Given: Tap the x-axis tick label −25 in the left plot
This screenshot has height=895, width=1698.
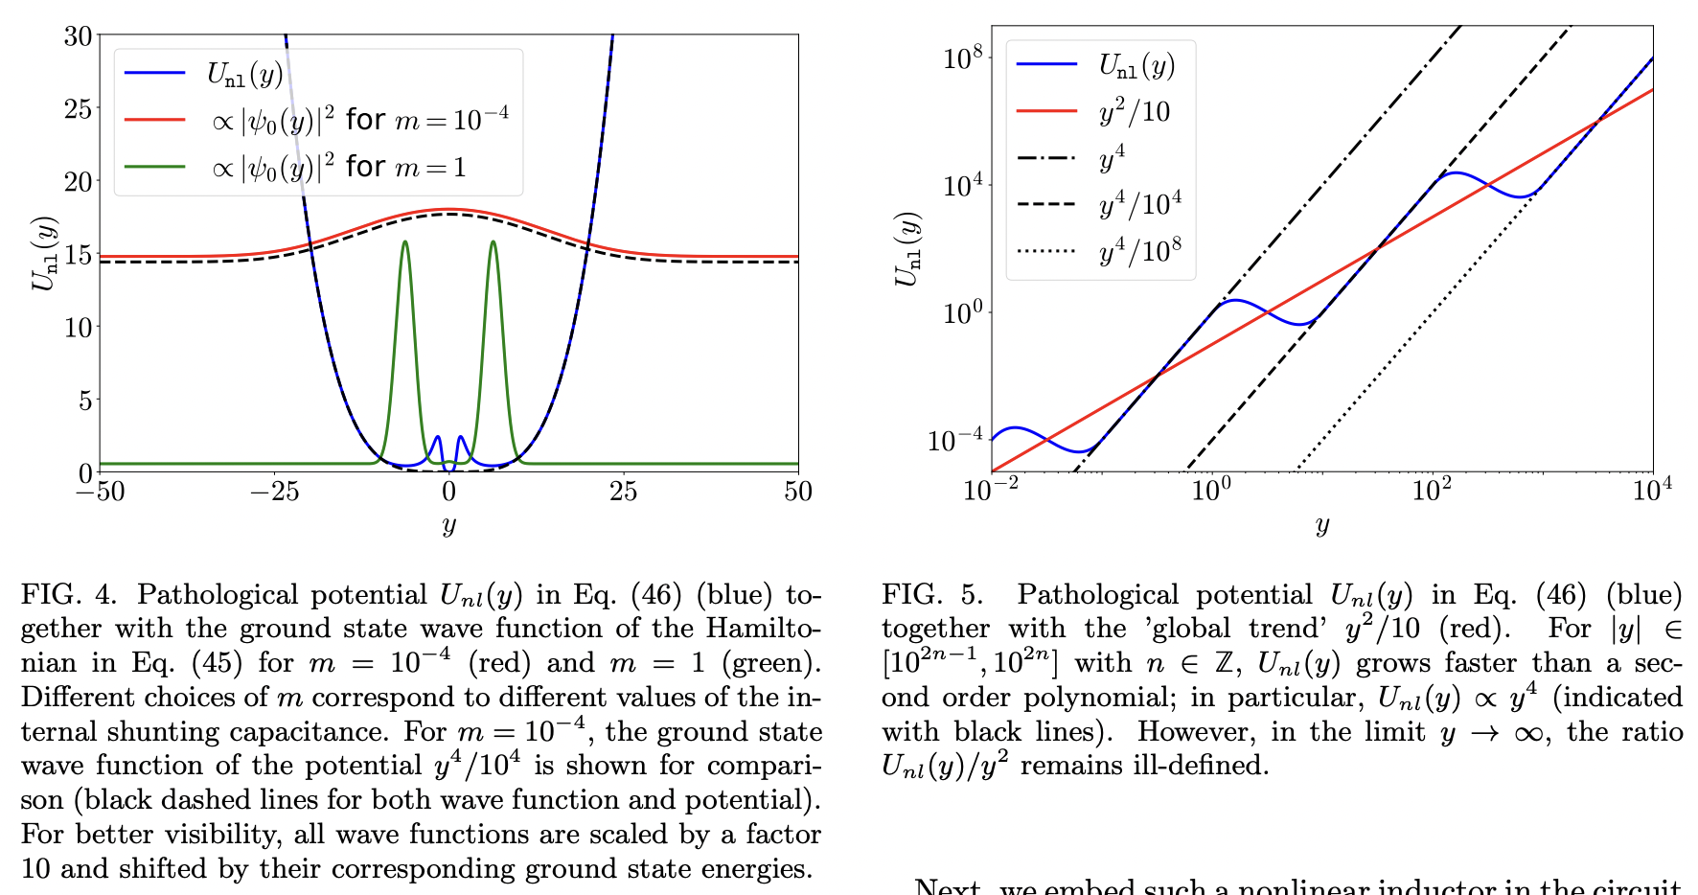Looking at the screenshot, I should point(274,492).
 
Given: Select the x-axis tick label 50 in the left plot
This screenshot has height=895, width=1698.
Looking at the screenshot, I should point(797,492).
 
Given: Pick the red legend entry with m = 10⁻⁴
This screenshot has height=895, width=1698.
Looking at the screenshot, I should point(358,120).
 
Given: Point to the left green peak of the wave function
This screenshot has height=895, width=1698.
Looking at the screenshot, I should point(405,242).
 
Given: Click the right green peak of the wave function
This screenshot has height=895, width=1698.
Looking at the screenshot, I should point(493,242).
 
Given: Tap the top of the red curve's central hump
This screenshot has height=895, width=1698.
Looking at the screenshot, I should point(449,209).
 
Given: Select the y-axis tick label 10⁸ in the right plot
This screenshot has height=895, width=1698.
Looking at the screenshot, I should point(962,57).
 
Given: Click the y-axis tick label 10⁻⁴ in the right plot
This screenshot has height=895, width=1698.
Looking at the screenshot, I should point(954,441).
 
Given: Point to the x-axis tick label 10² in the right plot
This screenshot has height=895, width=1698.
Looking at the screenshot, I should point(1432,490).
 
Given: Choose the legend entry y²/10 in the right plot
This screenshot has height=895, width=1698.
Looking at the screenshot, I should point(1135,111).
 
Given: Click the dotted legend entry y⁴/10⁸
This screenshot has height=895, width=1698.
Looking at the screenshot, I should point(1139,251).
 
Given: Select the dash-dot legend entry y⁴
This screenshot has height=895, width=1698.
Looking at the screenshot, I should point(1112,158).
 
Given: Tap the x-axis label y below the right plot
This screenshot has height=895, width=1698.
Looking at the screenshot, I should point(1322,524).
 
